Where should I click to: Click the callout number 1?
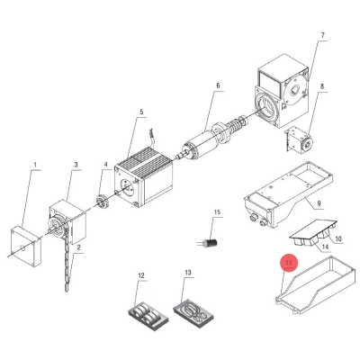click(x=35, y=165)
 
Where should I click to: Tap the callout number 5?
click(x=141, y=112)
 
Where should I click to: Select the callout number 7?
click(x=322, y=35)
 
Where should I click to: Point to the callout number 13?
click(x=188, y=273)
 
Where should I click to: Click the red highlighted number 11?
click(x=289, y=263)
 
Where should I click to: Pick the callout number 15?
click(x=217, y=212)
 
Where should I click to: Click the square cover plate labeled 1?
click(x=26, y=246)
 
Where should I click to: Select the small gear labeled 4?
click(x=102, y=203)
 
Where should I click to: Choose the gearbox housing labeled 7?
click(x=282, y=92)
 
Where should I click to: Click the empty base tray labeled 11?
click(x=314, y=284)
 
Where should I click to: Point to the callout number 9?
click(x=319, y=203)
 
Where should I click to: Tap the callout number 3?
click(x=76, y=165)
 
